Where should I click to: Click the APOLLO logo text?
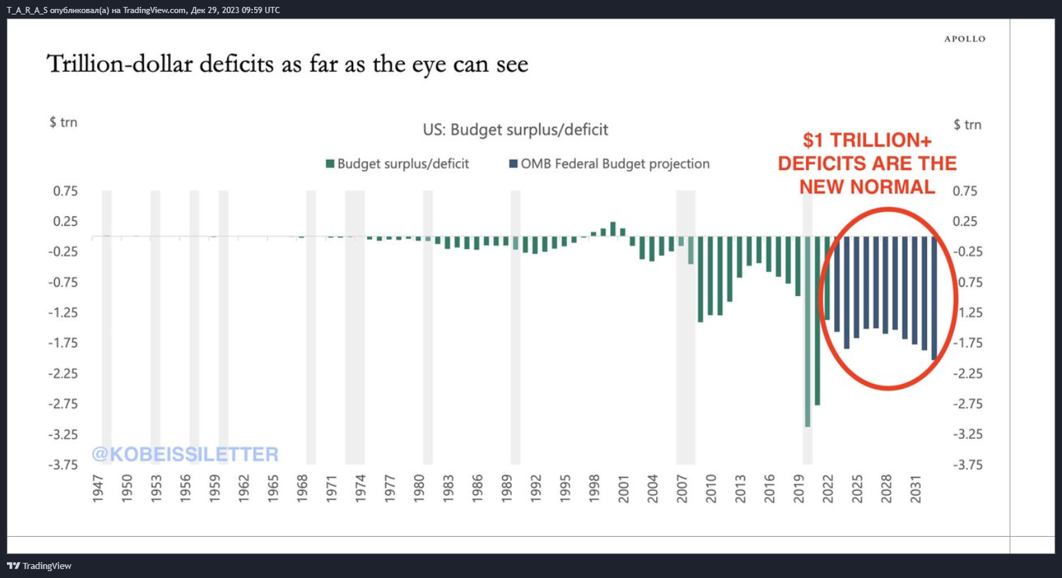(964, 39)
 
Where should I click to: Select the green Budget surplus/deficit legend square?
(330, 164)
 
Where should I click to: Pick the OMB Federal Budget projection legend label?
(615, 164)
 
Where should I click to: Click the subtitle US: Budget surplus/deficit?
(515, 129)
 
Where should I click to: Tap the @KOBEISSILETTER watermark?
(185, 454)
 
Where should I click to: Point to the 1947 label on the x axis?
(98, 489)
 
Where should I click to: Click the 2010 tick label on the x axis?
(711, 489)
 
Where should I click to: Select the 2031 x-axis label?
(915, 489)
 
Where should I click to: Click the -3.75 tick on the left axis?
(63, 464)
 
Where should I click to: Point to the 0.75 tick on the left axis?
(65, 191)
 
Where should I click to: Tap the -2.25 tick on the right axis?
(968, 374)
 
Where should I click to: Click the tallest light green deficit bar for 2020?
(807, 331)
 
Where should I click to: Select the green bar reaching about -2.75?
(818, 320)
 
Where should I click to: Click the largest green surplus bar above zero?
(613, 229)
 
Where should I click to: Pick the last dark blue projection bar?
(934, 298)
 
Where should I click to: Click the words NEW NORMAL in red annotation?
(867, 187)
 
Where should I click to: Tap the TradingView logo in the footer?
(39, 566)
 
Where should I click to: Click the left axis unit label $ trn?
(63, 122)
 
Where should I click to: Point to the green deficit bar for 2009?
(700, 279)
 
